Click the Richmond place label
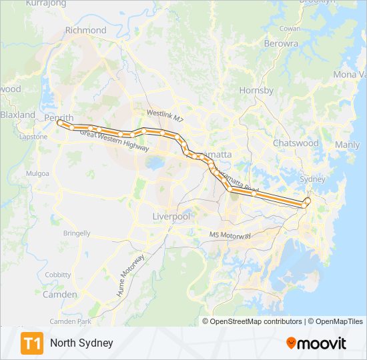click(85, 30)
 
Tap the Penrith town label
click(58, 117)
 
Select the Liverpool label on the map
click(171, 217)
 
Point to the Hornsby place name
click(256, 90)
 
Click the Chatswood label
click(296, 143)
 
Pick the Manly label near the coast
click(347, 145)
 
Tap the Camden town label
click(59, 294)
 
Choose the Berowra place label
click(281, 43)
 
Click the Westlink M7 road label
click(165, 115)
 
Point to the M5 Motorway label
click(230, 235)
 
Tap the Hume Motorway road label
click(131, 275)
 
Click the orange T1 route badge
click(32, 343)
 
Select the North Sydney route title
click(81, 343)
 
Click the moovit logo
click(316, 343)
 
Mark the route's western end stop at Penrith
click(60, 123)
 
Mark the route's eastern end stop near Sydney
click(308, 200)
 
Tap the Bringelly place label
click(77, 233)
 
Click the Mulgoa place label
click(37, 173)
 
